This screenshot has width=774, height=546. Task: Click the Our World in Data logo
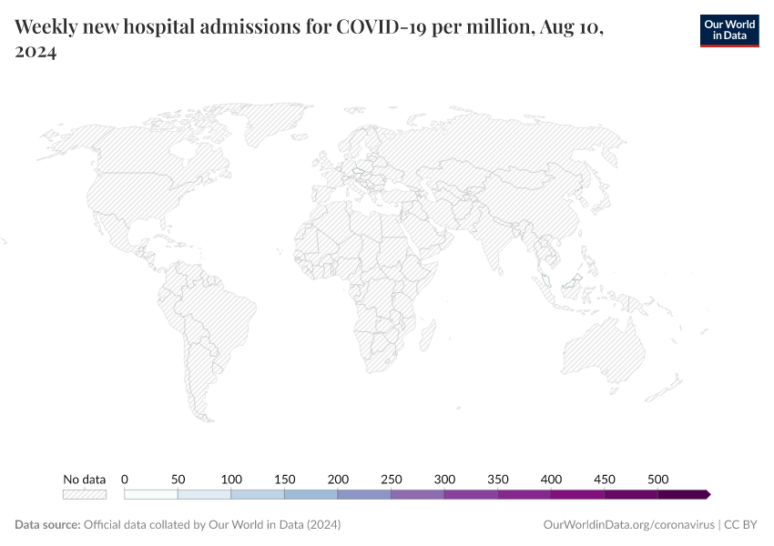[728, 30]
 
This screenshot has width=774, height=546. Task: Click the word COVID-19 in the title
[377, 27]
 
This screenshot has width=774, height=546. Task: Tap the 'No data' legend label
[84, 479]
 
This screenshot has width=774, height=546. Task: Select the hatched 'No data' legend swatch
[84, 494]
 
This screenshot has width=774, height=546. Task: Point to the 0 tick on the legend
[125, 479]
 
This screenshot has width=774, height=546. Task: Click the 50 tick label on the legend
[178, 479]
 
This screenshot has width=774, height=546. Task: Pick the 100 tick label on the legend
[231, 479]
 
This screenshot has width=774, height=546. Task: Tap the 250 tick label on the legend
[392, 479]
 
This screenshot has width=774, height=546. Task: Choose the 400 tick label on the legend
[551, 479]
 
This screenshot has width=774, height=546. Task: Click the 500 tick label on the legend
[658, 479]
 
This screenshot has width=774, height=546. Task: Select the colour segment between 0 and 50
[151, 494]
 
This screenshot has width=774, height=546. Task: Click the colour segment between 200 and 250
[364, 494]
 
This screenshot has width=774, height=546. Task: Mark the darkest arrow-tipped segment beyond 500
[683, 494]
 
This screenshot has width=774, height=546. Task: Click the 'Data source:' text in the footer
[47, 525]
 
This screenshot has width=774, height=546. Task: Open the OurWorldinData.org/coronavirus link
[627, 525]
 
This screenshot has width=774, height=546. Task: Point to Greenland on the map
[273, 123]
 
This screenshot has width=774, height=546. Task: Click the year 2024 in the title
[36, 53]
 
